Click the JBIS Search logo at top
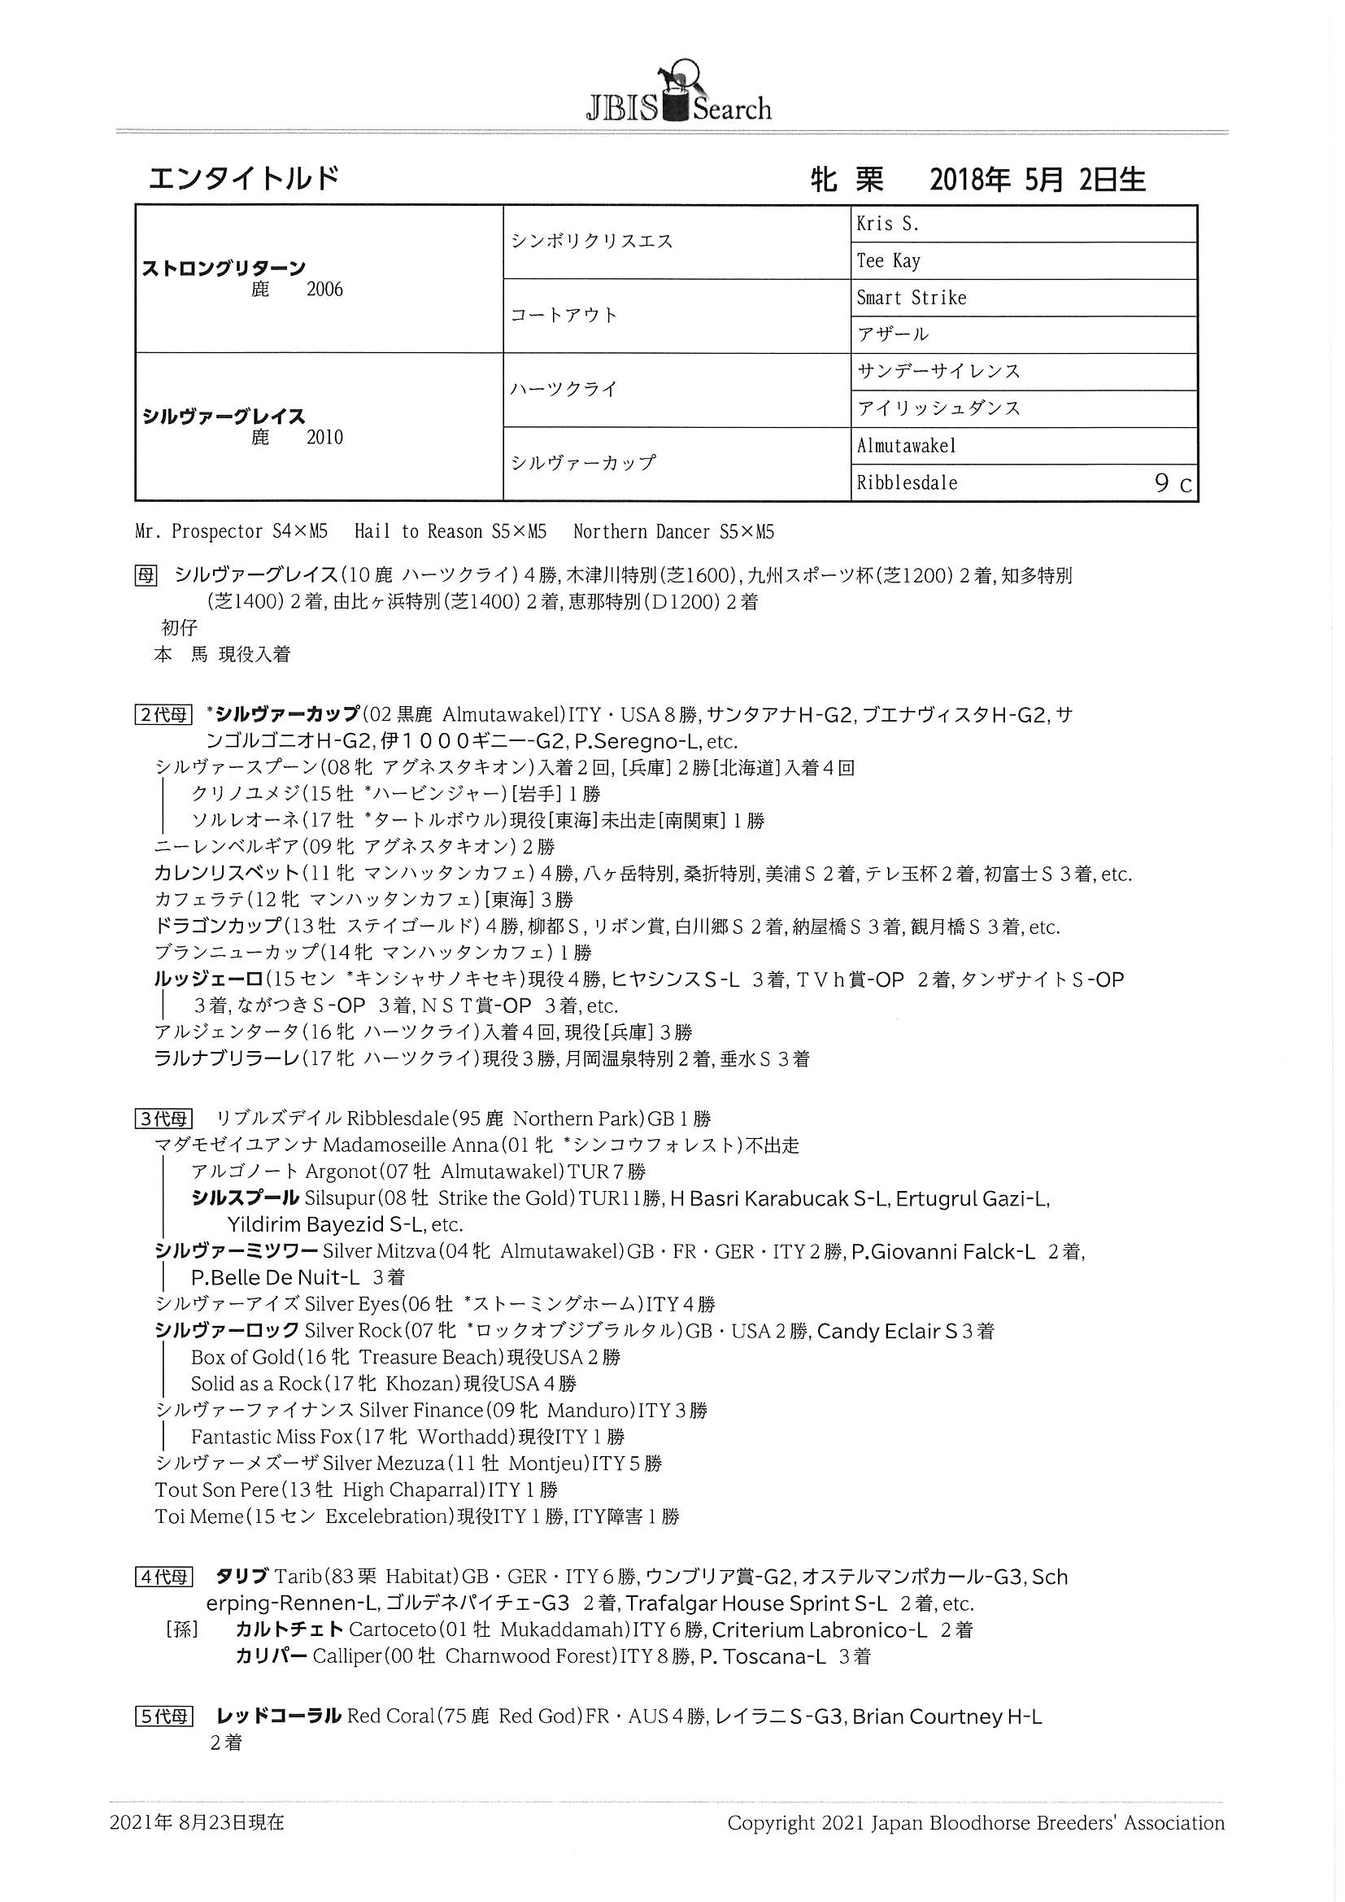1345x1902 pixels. pos(678,96)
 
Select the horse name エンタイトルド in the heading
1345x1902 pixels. pos(243,178)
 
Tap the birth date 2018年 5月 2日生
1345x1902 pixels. pos(1037,180)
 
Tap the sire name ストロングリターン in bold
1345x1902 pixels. pos(224,268)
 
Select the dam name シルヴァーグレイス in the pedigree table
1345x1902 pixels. pos(224,416)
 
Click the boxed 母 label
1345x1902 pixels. pos(145,575)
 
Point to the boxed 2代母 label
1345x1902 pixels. pos(163,714)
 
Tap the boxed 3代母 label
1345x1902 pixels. pos(163,1119)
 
